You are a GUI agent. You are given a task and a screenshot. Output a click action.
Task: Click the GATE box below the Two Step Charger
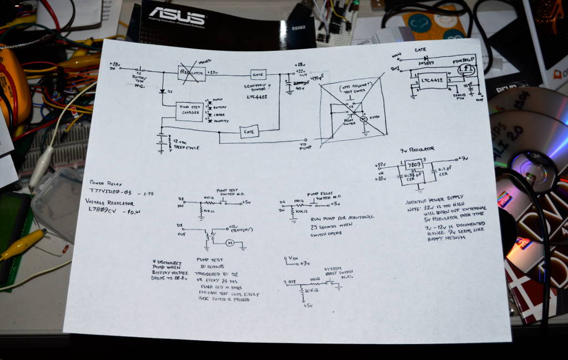(x=249, y=131)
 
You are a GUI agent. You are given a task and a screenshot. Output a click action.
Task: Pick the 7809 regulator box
(x=413, y=165)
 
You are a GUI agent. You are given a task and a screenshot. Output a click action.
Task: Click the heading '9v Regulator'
(x=417, y=149)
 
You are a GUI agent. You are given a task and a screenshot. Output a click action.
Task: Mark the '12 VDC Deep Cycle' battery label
(x=185, y=144)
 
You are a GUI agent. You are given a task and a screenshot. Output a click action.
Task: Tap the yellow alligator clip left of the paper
(x=22, y=245)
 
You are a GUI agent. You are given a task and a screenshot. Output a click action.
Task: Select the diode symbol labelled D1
(x=162, y=90)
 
